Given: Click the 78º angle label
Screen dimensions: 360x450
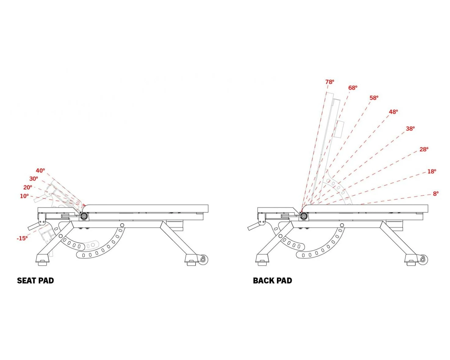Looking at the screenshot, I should [329, 82].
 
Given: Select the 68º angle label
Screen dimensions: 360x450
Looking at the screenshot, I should [353, 88].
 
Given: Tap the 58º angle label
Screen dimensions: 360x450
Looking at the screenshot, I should [374, 98].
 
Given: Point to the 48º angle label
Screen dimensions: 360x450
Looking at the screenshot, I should [393, 112].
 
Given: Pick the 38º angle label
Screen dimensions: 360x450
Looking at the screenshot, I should [410, 128].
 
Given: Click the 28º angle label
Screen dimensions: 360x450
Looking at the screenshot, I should [424, 149].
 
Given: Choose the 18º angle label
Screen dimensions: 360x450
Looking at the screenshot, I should [431, 171].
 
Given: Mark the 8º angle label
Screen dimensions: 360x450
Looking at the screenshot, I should [436, 193].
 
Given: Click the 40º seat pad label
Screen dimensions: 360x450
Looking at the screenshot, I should [40, 171].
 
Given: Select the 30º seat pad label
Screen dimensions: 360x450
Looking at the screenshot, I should [34, 179].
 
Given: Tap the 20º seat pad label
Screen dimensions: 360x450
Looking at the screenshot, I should [27, 187].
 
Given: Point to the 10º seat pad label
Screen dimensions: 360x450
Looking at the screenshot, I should [24, 196].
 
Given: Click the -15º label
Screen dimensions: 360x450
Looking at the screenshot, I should [22, 238].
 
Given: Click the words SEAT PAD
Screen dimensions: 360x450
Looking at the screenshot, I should [35, 281].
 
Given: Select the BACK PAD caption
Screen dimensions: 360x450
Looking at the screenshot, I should [272, 281].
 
